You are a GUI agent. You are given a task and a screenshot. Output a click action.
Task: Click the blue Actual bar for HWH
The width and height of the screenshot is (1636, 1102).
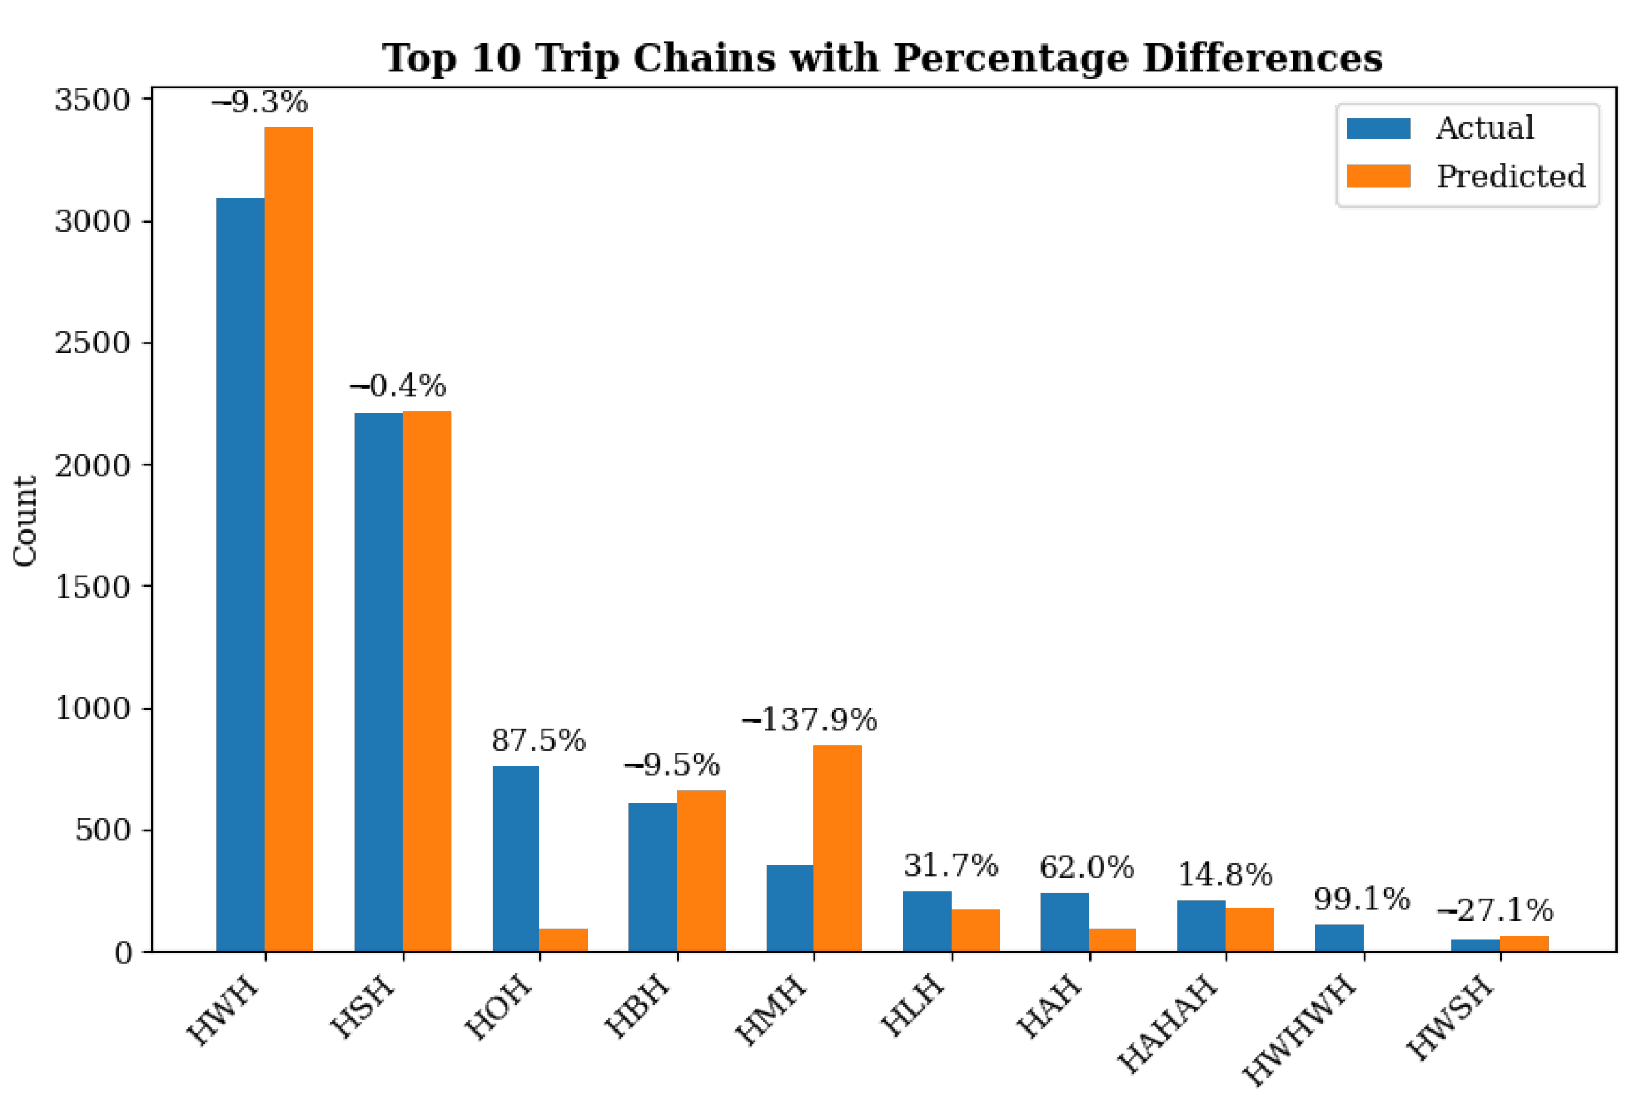(240, 574)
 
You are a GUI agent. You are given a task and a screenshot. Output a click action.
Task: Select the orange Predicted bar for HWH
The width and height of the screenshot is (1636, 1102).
(289, 538)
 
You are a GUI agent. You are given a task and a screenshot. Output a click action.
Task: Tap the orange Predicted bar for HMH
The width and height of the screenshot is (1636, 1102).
(837, 847)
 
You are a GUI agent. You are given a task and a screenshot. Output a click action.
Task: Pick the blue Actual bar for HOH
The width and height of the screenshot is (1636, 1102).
(515, 858)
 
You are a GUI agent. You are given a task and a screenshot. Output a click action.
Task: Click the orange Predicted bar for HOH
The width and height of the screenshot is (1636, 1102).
(564, 939)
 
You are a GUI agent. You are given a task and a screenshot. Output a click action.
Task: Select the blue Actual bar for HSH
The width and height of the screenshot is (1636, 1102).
(378, 681)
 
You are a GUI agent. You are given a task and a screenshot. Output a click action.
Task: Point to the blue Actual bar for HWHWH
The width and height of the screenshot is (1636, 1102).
(1339, 937)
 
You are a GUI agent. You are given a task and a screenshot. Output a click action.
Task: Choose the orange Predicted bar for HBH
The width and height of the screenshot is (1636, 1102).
(701, 870)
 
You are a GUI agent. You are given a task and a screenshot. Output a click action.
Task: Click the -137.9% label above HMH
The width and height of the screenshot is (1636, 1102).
(809, 719)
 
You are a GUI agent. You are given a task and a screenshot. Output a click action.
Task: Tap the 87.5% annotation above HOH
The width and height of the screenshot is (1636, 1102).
(538, 740)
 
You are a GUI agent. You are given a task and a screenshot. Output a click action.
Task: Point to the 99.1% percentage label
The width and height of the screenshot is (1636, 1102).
(1362, 899)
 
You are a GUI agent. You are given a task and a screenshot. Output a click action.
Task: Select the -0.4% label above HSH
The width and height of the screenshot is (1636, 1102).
(397, 385)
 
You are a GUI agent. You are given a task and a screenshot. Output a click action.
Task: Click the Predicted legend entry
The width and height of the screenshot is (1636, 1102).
(1465, 176)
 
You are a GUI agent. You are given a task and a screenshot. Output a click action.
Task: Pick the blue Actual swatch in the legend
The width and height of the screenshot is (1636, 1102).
(1378, 128)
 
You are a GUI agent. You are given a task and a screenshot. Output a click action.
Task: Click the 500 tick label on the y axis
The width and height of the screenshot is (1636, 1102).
(102, 830)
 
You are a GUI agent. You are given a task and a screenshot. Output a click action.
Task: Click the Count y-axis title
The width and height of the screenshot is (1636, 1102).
(25, 520)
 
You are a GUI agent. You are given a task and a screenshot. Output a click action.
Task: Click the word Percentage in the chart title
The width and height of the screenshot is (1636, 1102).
(1010, 58)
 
